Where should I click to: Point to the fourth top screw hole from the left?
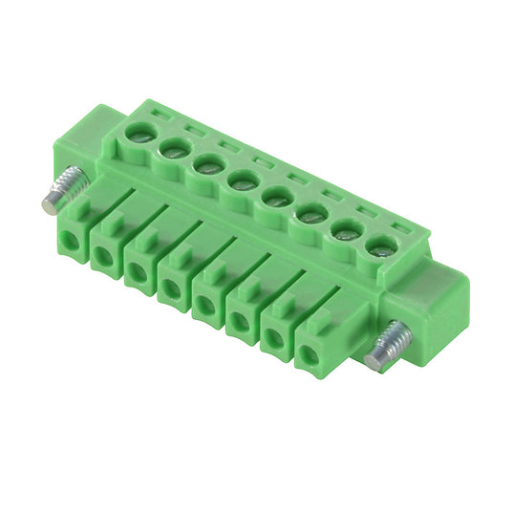(243, 181)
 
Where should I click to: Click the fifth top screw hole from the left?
(278, 198)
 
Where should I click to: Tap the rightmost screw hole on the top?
(381, 248)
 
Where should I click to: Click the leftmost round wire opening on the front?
(68, 239)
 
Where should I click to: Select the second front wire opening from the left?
(102, 256)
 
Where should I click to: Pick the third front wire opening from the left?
(138, 271)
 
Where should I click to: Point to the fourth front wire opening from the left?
(172, 287)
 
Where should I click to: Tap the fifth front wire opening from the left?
(205, 306)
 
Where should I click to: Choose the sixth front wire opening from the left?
(239, 323)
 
